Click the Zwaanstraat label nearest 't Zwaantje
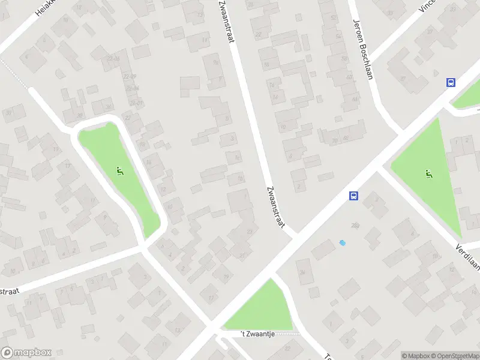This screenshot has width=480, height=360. [x=274, y=207]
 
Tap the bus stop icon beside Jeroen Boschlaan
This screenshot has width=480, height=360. [x=450, y=83]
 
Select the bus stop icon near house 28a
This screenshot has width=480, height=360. [x=354, y=196]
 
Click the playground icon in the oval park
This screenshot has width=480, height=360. [x=120, y=172]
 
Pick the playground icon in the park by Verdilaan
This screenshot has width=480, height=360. [x=428, y=175]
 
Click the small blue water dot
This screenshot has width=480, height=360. [x=342, y=243]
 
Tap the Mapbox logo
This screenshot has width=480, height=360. [x=26, y=353]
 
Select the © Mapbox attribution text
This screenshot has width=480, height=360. [x=416, y=356]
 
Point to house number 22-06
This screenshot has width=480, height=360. [x=113, y=59]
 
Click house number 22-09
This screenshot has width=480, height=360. [x=128, y=76]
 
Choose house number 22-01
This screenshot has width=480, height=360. [x=136, y=103]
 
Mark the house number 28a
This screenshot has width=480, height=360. [x=355, y=225]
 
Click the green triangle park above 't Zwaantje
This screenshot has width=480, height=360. [x=260, y=307]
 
